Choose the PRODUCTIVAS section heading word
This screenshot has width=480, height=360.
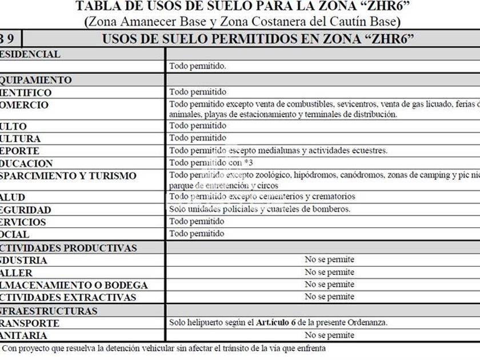tap(101, 248)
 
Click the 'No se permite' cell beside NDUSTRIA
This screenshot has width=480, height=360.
tap(329, 259)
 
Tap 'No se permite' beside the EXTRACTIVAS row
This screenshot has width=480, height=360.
tap(329, 297)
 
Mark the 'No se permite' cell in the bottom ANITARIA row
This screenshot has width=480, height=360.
tap(329, 335)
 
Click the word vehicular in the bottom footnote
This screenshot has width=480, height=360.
tap(167, 348)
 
